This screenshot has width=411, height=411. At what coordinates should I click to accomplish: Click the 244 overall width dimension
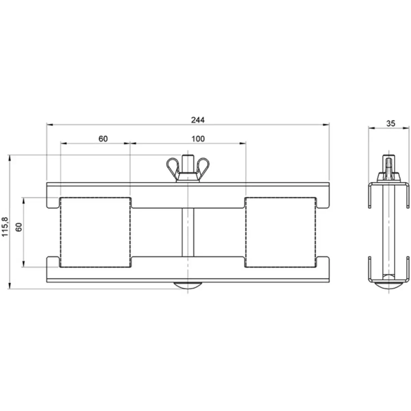(x=198, y=120)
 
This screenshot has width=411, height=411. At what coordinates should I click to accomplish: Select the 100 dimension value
(x=198, y=139)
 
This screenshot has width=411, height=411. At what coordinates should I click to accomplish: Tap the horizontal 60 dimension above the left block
(x=103, y=139)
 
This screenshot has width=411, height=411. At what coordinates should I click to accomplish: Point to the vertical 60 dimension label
(x=19, y=227)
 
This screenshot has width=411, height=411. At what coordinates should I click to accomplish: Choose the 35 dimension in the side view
(x=390, y=124)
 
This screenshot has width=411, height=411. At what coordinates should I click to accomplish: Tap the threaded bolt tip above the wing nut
(x=188, y=160)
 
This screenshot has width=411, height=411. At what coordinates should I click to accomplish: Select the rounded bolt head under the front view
(x=188, y=285)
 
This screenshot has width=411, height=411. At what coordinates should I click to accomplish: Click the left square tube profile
(x=95, y=232)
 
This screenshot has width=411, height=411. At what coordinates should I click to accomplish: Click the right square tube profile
(x=280, y=232)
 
